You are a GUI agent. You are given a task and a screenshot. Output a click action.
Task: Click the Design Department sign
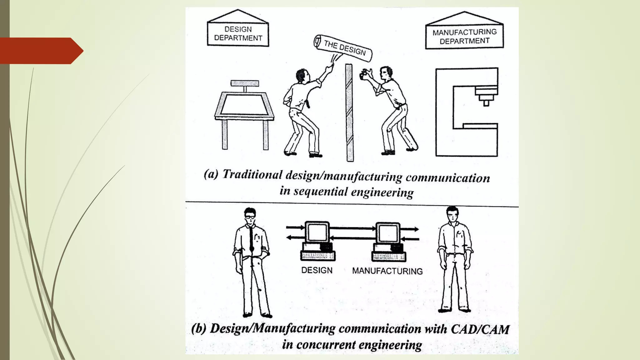[238, 34]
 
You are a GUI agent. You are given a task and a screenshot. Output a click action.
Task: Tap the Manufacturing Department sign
[464, 36]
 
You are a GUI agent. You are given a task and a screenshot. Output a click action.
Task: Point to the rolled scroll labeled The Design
[343, 47]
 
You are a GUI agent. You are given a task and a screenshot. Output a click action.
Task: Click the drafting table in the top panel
[244, 106]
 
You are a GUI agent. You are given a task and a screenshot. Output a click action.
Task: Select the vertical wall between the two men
[349, 112]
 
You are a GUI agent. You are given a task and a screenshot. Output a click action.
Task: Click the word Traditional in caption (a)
[252, 174]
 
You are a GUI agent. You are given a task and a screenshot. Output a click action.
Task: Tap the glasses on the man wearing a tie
[250, 217]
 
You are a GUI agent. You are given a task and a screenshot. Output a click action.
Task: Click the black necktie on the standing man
[251, 237]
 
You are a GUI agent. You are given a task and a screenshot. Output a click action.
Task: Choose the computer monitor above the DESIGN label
[317, 232]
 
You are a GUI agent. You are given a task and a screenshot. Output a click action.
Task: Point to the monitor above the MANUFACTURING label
[387, 233]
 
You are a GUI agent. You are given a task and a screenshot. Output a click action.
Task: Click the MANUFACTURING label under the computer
[387, 271]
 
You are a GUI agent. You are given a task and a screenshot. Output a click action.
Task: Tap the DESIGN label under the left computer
[317, 270]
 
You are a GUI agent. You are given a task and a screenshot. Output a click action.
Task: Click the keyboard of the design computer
[317, 256]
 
